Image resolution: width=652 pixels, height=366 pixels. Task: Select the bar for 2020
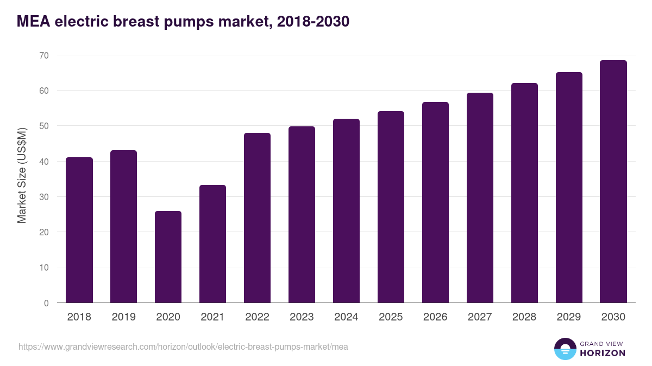168,257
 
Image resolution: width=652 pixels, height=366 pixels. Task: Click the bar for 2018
79,230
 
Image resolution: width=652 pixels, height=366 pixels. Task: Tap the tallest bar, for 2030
613,182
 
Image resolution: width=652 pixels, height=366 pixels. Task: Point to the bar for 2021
212,244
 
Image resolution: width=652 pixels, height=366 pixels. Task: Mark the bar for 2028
524,193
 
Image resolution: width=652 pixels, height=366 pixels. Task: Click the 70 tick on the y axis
43,55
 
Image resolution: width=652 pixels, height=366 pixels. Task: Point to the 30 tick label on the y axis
43,197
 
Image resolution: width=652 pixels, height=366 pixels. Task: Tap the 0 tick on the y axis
46,303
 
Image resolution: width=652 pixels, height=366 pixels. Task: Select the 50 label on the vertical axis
43,126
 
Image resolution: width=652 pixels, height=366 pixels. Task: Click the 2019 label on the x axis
123,317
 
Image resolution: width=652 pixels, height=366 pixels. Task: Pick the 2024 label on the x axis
346,317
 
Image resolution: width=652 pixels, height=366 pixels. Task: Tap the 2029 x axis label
569,317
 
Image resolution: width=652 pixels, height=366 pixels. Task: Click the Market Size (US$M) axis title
22,175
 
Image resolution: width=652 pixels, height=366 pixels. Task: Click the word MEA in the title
33,22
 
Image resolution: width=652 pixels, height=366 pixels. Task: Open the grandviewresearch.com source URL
183,346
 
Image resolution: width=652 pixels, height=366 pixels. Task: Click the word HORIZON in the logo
603,353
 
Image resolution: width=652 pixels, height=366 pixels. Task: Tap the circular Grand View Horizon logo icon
565,349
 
